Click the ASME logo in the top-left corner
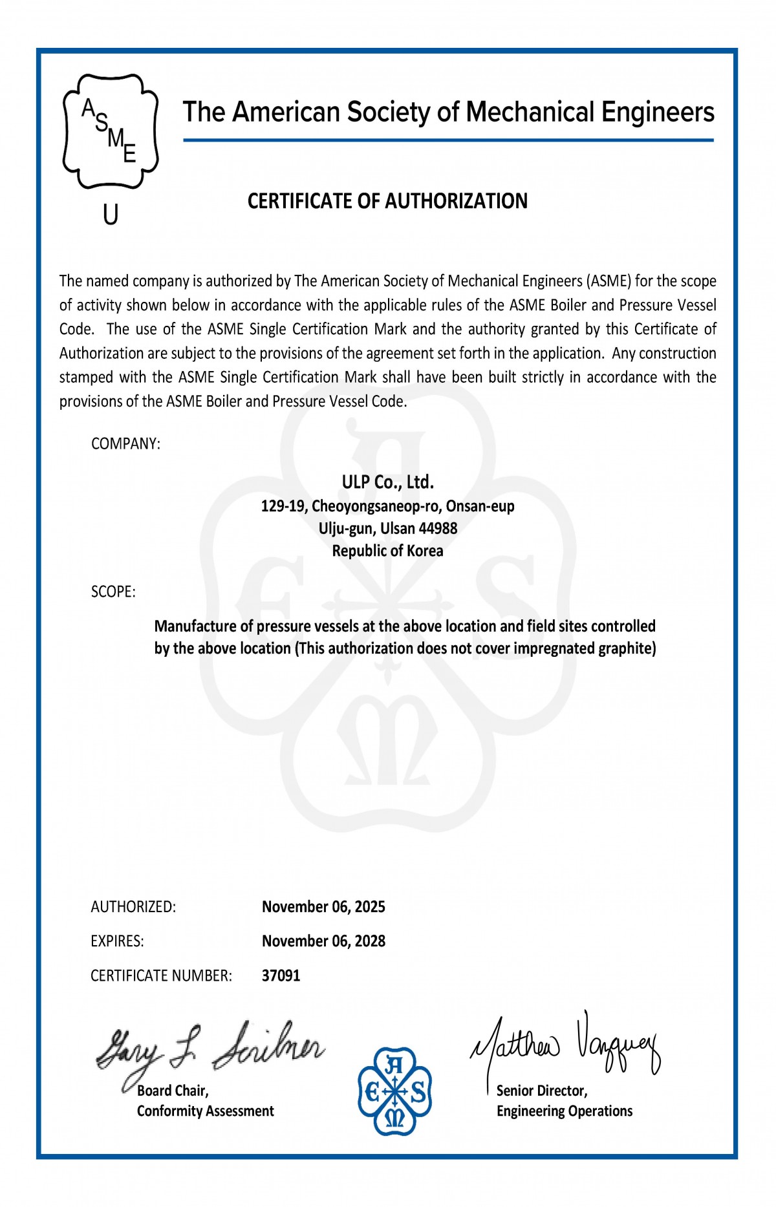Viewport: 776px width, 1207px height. (111, 132)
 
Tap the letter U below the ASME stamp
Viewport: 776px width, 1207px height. (111, 215)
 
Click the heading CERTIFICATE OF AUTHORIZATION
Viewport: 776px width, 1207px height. (387, 201)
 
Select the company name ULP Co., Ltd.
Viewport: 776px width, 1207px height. (387, 482)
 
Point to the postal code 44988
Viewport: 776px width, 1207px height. (438, 528)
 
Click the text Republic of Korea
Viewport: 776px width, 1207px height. (387, 551)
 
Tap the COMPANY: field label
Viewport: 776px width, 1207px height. (125, 443)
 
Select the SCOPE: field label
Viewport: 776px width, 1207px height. (113, 592)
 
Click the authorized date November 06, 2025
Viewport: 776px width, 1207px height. (323, 906)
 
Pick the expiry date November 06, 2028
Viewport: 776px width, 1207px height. (323, 941)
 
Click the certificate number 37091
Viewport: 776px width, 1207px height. (281, 975)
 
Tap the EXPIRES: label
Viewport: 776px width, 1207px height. (117, 941)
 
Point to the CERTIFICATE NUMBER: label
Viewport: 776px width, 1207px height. (161, 975)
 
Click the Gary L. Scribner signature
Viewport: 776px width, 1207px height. (210, 1048)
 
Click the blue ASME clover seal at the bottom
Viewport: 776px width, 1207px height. (394, 1091)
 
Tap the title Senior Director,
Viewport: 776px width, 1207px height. (542, 1091)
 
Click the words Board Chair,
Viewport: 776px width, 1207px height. (173, 1091)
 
